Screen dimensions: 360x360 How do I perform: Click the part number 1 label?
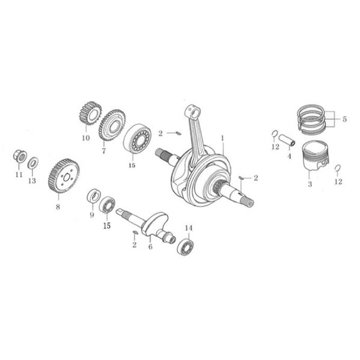[222, 137]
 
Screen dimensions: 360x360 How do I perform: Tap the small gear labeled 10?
[89, 114]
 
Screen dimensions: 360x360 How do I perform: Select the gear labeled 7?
[112, 124]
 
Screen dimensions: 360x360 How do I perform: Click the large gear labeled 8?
[63, 175]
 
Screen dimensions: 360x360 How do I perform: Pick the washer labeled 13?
[33, 162]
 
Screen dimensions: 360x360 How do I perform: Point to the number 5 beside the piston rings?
[344, 119]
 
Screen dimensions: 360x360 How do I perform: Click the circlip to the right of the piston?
[337, 168]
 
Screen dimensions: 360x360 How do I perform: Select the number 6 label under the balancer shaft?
[150, 246]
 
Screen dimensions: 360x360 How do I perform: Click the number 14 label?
[189, 228]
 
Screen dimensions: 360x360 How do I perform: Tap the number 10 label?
[85, 138]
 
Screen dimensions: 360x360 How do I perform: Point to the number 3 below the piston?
[310, 184]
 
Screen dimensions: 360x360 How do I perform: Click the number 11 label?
[19, 174]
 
